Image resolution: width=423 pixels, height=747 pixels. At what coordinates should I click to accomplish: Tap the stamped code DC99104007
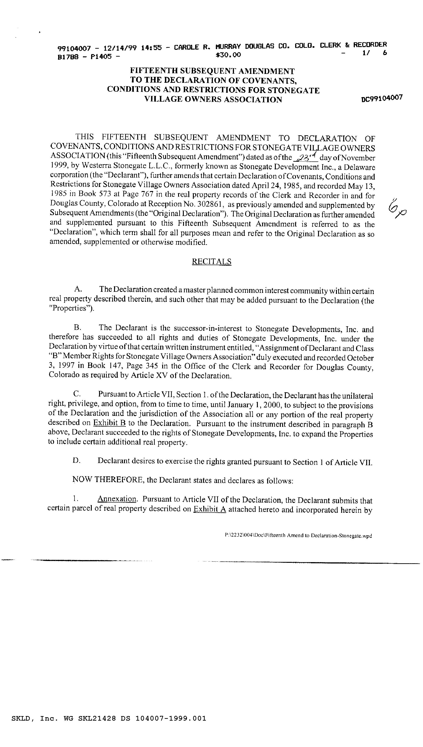pyautogui.click(x=382, y=98)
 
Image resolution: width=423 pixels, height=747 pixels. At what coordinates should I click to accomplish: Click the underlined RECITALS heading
pyautogui.click(x=211, y=262)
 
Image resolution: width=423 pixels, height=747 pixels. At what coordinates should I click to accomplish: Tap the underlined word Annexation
pyautogui.click(x=117, y=499)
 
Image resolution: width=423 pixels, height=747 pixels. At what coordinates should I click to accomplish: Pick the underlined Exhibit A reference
pyautogui.click(x=210, y=509)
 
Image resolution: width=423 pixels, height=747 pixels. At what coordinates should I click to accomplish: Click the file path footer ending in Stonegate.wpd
pyautogui.click(x=298, y=535)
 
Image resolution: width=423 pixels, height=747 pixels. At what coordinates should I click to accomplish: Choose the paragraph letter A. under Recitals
pyautogui.click(x=78, y=289)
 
